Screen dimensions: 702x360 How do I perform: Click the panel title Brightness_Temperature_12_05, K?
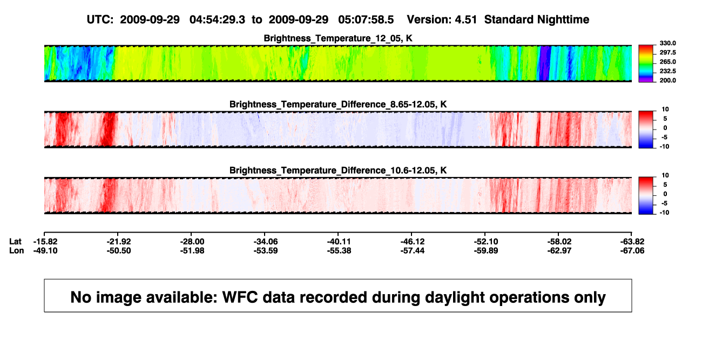338,38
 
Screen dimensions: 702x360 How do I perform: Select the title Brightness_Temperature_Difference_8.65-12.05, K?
338,104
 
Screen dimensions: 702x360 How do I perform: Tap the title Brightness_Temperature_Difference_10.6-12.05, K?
338,171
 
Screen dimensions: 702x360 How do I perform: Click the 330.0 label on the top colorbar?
667,43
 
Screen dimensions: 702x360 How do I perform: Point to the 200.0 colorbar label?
667,80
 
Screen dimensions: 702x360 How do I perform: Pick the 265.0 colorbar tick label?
667,62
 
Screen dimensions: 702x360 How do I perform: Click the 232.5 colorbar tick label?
667,71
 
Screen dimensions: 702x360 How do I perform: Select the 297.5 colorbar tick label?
667,52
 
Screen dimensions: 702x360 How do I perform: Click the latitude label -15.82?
45,242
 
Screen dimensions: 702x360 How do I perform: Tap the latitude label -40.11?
339,242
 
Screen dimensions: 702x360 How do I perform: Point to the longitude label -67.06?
632,250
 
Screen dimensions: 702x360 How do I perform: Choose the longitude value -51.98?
192,250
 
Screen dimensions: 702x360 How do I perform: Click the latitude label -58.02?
559,242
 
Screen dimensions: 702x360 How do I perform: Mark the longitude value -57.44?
413,250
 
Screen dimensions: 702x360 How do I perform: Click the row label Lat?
15,242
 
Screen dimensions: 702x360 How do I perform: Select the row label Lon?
17,250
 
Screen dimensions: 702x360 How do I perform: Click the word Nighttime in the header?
563,20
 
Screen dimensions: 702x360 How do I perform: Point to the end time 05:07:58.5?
366,20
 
